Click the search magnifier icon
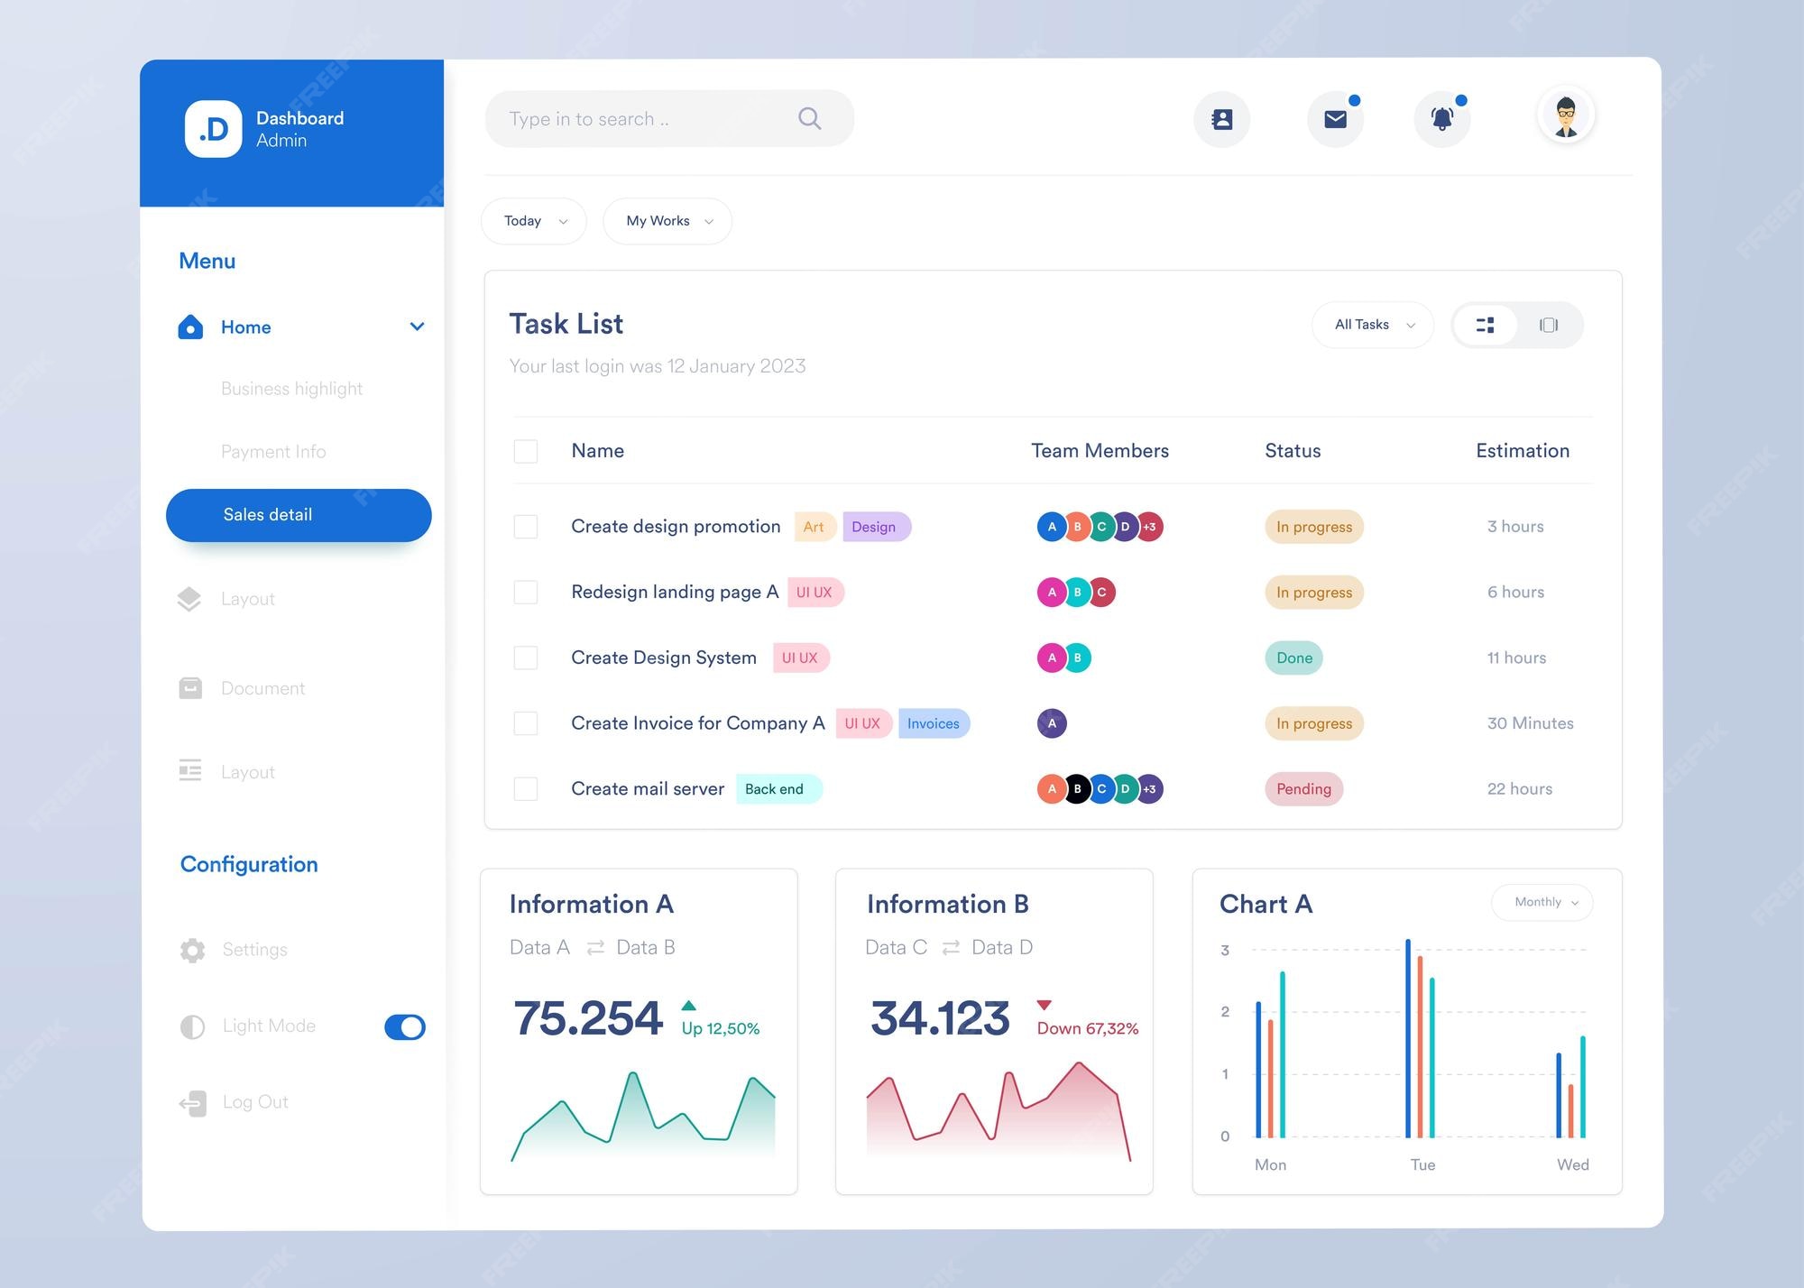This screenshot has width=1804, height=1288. [809, 118]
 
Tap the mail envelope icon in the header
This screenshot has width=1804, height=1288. [1335, 119]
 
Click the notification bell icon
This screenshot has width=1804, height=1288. [1442, 119]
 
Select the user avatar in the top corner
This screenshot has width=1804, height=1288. [1566, 116]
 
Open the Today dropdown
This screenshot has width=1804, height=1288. [534, 221]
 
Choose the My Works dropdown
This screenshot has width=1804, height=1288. [667, 221]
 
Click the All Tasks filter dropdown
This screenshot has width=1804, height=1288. [1373, 325]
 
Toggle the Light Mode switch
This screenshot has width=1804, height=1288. [405, 1026]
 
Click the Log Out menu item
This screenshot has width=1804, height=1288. [255, 1102]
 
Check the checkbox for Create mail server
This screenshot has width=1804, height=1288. [526, 789]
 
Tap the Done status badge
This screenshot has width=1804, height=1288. [1294, 658]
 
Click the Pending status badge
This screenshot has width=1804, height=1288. [1303, 789]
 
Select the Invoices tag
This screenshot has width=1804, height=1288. [934, 723]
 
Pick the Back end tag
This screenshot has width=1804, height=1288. [775, 789]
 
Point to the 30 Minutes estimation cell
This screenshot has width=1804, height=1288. [1530, 723]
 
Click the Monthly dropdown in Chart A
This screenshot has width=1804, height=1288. [1542, 902]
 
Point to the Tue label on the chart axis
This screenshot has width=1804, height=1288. [1422, 1164]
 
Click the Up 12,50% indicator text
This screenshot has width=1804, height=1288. [720, 1028]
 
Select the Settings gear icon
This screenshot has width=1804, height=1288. [192, 950]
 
